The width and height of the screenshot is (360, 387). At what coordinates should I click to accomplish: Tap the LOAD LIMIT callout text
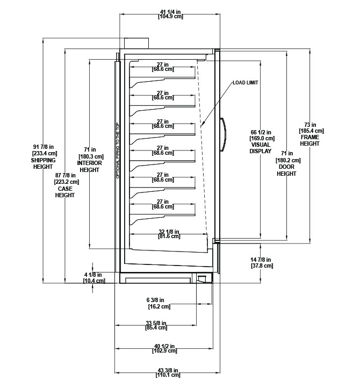coord(245,83)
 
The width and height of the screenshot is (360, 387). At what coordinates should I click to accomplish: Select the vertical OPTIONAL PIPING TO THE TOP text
coord(118,151)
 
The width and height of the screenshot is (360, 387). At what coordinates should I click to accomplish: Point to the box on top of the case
coord(136,43)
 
